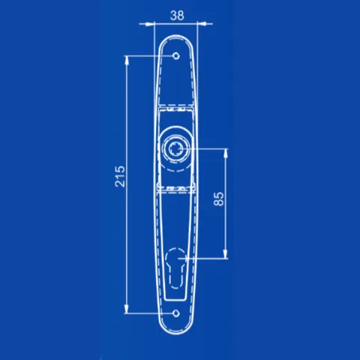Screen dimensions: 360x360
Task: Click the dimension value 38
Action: tap(177, 16)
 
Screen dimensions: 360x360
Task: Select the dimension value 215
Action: tap(120, 176)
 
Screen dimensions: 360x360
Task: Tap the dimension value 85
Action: tap(219, 199)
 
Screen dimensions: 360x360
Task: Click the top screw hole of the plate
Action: tap(176, 55)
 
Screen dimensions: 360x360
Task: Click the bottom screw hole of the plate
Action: tap(176, 313)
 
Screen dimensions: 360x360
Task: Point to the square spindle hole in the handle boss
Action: tap(176, 149)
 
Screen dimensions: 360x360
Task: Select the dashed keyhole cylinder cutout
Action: tap(176, 268)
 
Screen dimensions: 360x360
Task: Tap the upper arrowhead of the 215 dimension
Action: tap(127, 60)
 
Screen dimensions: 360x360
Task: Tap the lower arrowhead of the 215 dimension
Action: tap(127, 309)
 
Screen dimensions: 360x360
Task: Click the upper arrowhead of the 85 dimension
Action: tap(226, 153)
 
